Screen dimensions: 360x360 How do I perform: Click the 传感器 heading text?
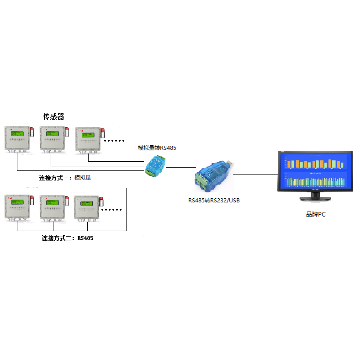53,117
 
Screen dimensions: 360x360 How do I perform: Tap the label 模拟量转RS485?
157,148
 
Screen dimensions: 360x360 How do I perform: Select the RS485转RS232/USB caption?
214,200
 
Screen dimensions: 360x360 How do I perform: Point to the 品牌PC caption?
316,214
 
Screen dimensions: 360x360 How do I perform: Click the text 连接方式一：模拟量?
65,178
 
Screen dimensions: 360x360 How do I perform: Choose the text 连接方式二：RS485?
68,238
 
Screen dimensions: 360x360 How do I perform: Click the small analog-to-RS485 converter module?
155,165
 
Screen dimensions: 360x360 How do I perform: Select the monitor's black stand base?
315,199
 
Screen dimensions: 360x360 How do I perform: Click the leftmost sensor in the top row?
17,139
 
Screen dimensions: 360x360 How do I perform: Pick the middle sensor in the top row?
53,139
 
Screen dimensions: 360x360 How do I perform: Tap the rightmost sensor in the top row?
89,139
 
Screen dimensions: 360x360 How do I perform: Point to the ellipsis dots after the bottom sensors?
112,210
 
